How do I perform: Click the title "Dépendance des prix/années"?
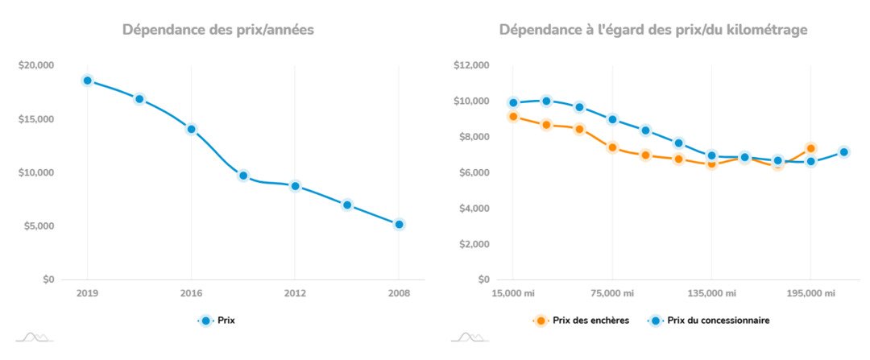pyautogui.click(x=217, y=31)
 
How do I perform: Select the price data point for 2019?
pyautogui.click(x=87, y=81)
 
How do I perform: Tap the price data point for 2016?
pyautogui.click(x=191, y=129)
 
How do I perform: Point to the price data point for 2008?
pyautogui.click(x=399, y=225)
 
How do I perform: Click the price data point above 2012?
pyautogui.click(x=295, y=186)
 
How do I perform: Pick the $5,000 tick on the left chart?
pyautogui.click(x=38, y=226)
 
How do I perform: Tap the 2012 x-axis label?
pyautogui.click(x=295, y=294)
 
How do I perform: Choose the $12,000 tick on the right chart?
pyautogui.click(x=472, y=65)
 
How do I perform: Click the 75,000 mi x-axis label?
pyautogui.click(x=612, y=294)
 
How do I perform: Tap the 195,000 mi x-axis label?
pyautogui.click(x=810, y=294)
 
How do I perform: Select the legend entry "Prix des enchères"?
pyautogui.click(x=582, y=321)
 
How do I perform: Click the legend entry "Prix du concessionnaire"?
pyautogui.click(x=710, y=321)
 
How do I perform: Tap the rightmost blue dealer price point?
pyautogui.click(x=843, y=152)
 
